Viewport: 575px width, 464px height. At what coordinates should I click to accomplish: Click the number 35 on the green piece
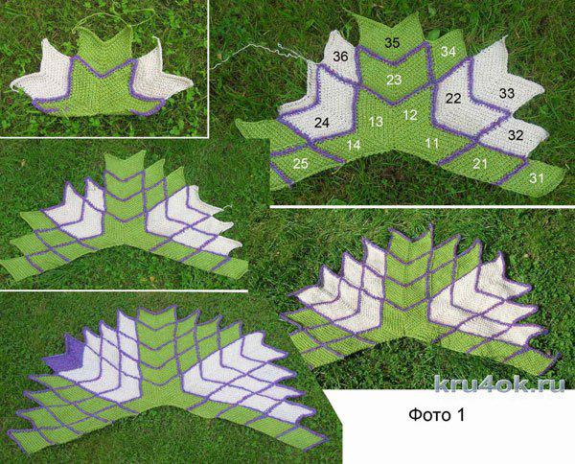tap(392, 43)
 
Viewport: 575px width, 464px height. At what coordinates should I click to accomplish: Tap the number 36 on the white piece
tap(340, 57)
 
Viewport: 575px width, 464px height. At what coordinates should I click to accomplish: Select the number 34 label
tap(448, 52)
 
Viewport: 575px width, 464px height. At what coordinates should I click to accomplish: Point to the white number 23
tap(394, 80)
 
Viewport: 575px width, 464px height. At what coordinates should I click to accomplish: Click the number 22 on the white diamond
tap(453, 98)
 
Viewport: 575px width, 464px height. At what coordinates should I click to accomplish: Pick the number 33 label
tap(507, 93)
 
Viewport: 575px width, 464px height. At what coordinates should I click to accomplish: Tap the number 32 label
tap(516, 135)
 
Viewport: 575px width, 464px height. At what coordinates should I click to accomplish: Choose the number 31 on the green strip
tap(536, 178)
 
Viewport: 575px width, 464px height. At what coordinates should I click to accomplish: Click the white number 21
tap(480, 164)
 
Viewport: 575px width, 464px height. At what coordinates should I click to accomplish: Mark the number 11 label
tap(432, 143)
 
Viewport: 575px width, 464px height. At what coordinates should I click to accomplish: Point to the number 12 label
tap(410, 115)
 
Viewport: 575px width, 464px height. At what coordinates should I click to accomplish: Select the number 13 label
tap(377, 122)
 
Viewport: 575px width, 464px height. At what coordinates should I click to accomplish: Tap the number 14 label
tap(354, 146)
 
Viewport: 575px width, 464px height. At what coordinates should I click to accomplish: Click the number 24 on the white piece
tap(322, 123)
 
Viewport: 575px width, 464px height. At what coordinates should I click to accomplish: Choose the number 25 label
tap(300, 164)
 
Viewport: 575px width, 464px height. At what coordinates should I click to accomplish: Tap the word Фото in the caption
tap(427, 415)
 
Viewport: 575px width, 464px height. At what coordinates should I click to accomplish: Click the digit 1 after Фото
tap(460, 415)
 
